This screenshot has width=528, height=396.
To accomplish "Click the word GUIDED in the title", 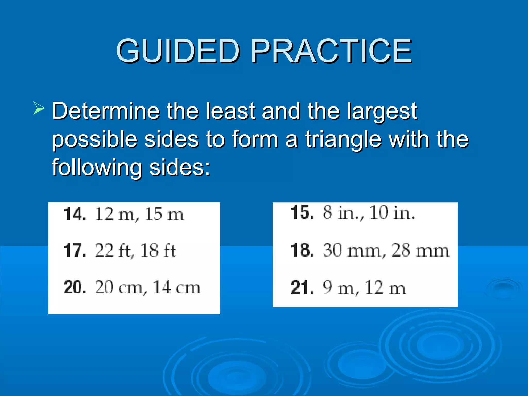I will point(178,51).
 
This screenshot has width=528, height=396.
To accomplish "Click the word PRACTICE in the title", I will point(331,51).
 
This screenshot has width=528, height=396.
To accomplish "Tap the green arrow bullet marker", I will point(39,108).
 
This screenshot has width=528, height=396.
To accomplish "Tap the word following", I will point(97,168).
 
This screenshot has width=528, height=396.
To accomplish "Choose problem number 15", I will point(302,213).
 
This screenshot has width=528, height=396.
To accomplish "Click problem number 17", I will point(75,251).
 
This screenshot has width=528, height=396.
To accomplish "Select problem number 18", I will point(302,250).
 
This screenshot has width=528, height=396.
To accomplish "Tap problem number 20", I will point(75,287).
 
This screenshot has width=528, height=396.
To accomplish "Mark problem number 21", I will point(302,288).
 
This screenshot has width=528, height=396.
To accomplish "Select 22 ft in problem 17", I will point(113,251).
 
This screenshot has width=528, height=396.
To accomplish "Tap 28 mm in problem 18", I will point(420,250).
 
